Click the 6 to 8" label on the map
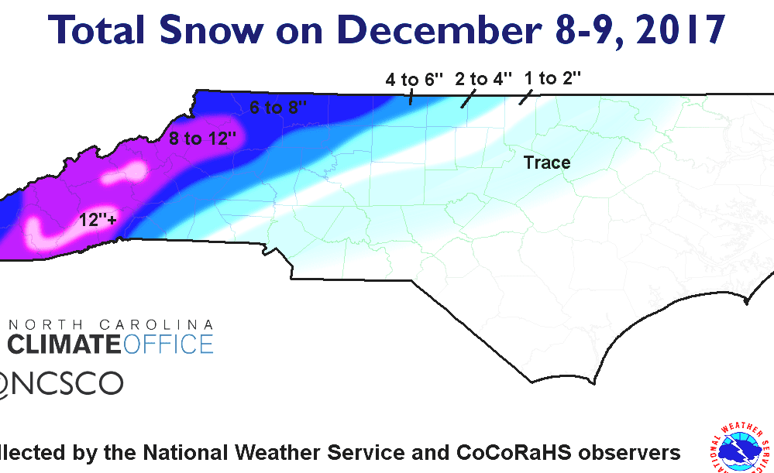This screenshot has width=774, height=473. click(278, 108)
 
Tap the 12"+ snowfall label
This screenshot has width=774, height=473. click(98, 221)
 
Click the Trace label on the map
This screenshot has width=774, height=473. click(547, 163)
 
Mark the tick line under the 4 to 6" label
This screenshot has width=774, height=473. click(411, 98)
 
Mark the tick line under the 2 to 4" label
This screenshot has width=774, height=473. click(466, 101)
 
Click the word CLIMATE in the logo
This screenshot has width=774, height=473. click(65, 343)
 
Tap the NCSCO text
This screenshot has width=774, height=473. click(66, 382)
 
